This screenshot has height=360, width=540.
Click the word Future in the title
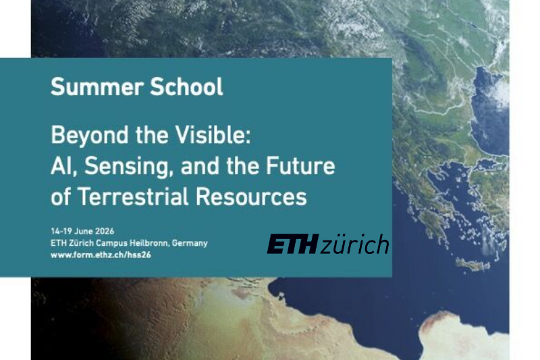pyautogui.click(x=301, y=166)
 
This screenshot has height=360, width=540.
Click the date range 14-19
pyautogui.click(x=62, y=231)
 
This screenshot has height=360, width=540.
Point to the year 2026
pyautogui.click(x=112, y=231)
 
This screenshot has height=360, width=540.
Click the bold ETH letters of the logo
pyautogui.click(x=291, y=245)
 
